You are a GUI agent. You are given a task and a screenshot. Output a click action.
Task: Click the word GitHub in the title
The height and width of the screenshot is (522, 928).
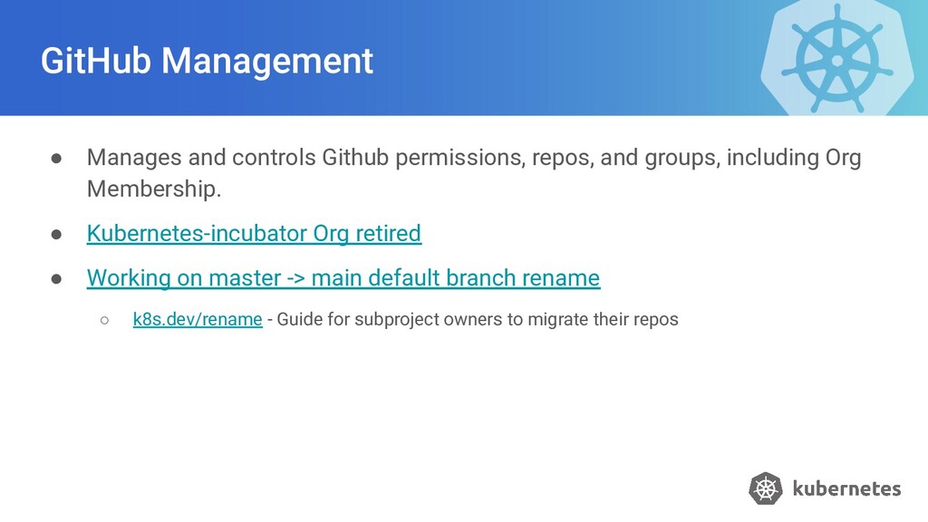click(x=96, y=61)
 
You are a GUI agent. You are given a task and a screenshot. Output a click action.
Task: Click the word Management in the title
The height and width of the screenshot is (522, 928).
click(x=267, y=61)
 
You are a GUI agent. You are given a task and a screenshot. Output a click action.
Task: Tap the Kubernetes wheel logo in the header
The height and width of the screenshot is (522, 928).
click(x=836, y=59)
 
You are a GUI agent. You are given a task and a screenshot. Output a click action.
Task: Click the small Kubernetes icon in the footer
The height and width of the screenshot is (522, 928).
click(x=765, y=488)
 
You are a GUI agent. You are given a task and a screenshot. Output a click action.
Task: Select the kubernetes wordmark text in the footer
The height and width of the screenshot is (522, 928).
click(x=846, y=488)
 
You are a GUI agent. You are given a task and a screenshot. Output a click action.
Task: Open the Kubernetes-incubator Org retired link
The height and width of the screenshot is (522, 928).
click(x=254, y=233)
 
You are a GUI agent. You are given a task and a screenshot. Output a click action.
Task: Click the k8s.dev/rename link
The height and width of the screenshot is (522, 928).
click(x=198, y=320)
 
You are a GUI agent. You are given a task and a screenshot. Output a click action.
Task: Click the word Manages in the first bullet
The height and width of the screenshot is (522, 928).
click(x=134, y=158)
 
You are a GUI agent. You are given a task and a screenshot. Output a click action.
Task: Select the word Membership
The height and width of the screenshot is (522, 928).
click(x=153, y=189)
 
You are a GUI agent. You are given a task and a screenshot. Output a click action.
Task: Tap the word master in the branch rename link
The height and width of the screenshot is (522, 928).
click(x=245, y=277)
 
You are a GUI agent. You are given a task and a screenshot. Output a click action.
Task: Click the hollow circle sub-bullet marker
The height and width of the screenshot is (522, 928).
click(x=105, y=321)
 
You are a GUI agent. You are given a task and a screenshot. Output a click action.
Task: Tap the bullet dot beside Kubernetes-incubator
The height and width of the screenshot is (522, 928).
click(x=57, y=234)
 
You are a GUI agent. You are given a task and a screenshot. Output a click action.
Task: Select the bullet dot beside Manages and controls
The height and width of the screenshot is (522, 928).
click(x=57, y=158)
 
